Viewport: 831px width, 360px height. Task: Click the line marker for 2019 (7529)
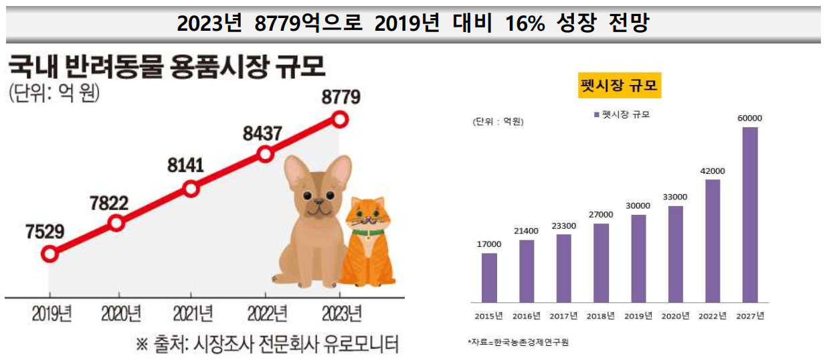(x=49, y=254)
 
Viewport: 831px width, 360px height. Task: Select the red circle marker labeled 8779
(x=340, y=120)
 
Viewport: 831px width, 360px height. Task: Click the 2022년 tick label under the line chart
(x=266, y=312)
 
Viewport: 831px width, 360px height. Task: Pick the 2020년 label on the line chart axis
(x=120, y=312)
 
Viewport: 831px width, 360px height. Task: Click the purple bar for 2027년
(x=750, y=214)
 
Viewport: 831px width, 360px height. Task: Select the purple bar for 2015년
(x=489, y=278)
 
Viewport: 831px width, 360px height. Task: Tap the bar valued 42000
(x=713, y=240)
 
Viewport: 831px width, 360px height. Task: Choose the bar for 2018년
(x=602, y=262)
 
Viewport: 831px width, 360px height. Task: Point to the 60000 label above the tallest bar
(x=750, y=118)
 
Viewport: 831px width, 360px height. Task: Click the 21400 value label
(x=527, y=231)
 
